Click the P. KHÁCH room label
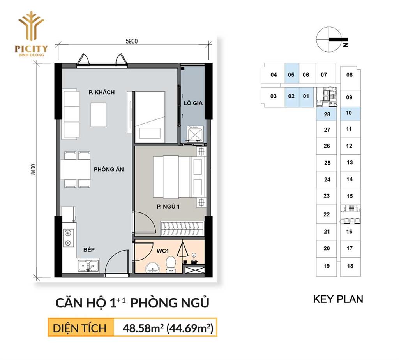[102, 92]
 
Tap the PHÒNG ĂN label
[109, 169]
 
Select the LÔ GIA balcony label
[193, 103]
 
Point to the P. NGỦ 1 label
[168, 206]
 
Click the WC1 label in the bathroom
[162, 251]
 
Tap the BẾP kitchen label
[89, 249]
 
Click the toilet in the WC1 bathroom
[171, 263]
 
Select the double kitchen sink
[88, 265]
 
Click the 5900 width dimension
[132, 41]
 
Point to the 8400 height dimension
[33, 169]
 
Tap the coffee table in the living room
[99, 115]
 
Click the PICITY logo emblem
[31, 26]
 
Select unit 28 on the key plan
[327, 114]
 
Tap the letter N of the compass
[345, 44]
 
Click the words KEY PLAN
[338, 299]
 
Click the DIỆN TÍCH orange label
[79, 328]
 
